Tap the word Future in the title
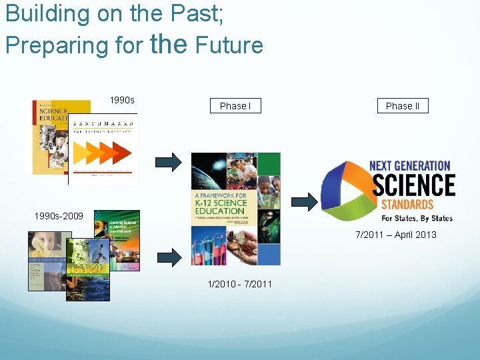(229, 45)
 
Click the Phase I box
(235, 106)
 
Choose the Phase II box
(403, 106)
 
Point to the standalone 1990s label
(122, 100)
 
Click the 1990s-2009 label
(59, 216)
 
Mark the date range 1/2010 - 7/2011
(240, 284)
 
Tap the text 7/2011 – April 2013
(396, 235)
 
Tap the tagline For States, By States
(417, 218)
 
